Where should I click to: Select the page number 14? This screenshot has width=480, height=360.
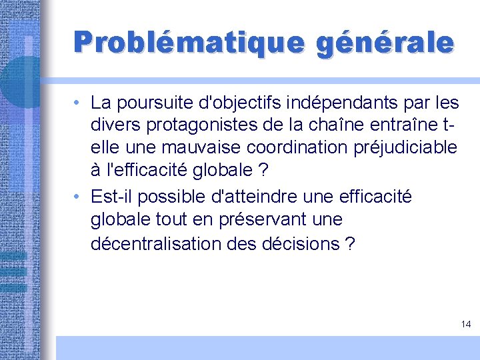[x=465, y=324]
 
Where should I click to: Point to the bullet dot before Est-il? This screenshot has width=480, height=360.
[x=78, y=197]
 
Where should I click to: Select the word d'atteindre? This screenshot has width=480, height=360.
[x=255, y=197]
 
